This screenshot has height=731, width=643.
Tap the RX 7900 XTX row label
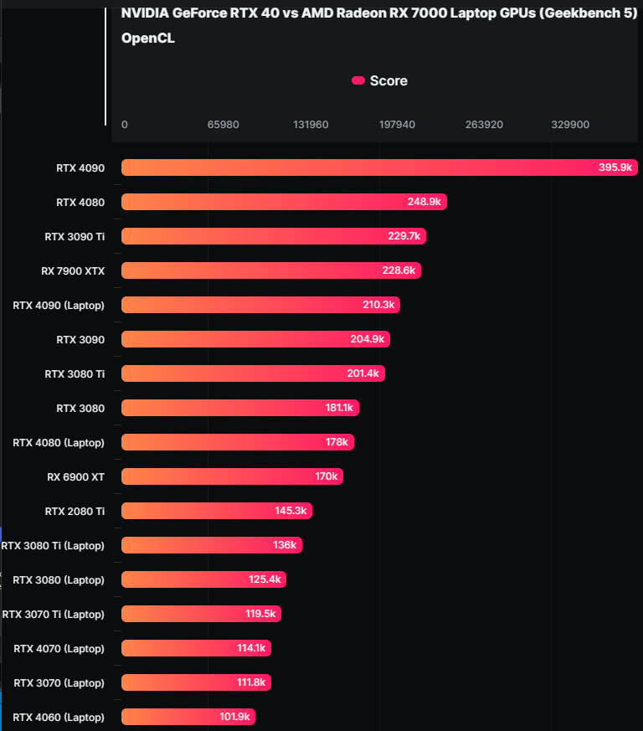(73, 270)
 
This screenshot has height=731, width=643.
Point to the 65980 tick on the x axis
(224, 125)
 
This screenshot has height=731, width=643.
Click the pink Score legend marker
(358, 80)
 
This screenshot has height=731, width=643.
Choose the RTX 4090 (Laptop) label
(59, 305)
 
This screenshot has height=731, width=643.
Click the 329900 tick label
(570, 125)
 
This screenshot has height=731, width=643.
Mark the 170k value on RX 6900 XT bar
(327, 476)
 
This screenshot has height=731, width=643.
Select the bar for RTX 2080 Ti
(217, 511)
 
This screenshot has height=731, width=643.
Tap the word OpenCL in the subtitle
(148, 39)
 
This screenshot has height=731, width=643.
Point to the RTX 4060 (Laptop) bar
(188, 717)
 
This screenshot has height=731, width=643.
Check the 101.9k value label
(235, 717)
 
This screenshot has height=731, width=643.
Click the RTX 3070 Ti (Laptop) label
(54, 614)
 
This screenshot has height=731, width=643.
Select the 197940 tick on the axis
(397, 125)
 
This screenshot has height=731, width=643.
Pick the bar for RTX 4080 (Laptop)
(238, 442)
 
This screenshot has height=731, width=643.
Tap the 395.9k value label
(615, 167)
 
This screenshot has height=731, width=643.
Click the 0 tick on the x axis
(125, 125)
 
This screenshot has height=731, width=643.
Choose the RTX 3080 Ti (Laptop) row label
(54, 545)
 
